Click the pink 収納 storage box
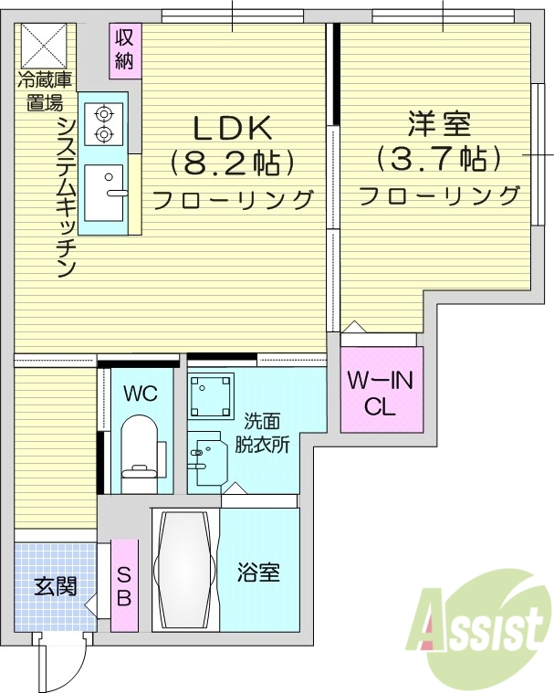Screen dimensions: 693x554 [125, 50]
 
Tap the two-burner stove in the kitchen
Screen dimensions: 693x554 [103, 123]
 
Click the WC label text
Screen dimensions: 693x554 [141, 394]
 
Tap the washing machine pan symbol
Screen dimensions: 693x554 [211, 395]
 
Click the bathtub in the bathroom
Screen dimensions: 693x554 [186, 570]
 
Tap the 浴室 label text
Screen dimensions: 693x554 [257, 573]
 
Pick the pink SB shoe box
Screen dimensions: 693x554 [124, 585]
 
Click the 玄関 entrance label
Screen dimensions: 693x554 [56, 586]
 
